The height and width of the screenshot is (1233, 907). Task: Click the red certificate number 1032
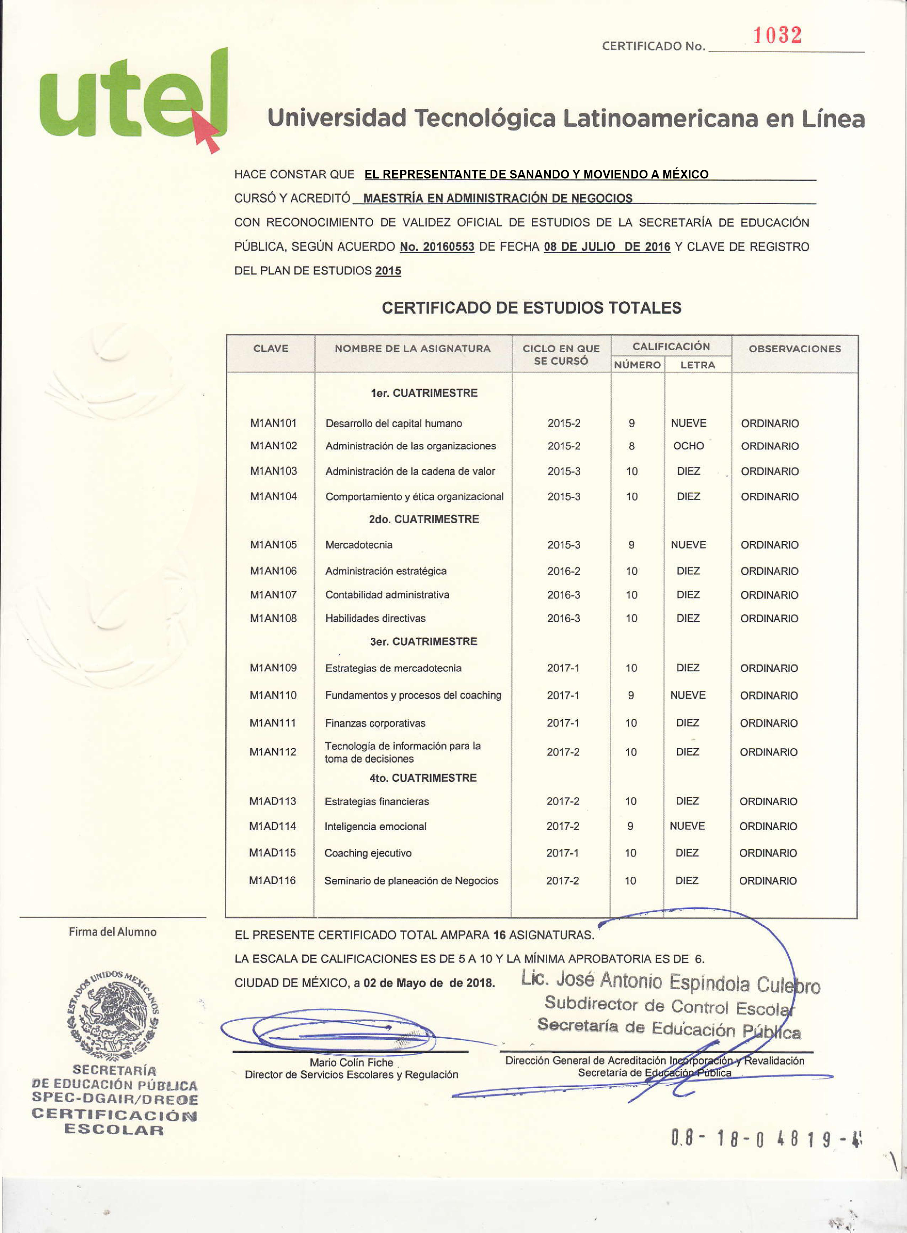(777, 35)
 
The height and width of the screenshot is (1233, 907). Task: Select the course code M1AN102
(273, 446)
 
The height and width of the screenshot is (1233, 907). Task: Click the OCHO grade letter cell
(688, 446)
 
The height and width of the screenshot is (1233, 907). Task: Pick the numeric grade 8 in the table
(631, 446)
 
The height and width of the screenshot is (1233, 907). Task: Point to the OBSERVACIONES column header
(794, 348)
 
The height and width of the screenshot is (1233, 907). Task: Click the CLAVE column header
(271, 348)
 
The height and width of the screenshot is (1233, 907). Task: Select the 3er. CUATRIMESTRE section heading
(423, 641)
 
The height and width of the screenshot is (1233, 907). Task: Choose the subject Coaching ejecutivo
(368, 853)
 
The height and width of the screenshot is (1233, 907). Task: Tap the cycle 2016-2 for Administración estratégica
(563, 571)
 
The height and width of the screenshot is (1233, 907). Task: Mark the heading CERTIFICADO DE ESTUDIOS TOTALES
(532, 308)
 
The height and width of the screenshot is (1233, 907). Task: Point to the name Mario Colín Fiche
(351, 1062)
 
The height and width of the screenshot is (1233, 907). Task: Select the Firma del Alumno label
(113, 932)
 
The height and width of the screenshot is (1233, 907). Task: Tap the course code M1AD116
(272, 880)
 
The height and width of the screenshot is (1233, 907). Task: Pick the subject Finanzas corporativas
(375, 723)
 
